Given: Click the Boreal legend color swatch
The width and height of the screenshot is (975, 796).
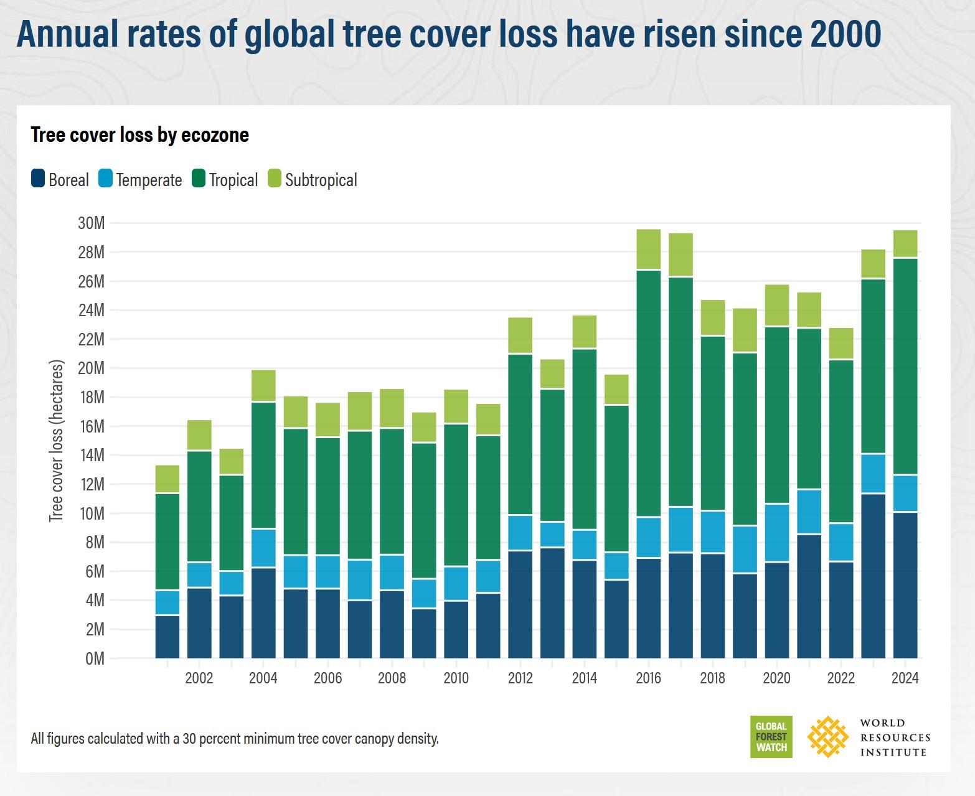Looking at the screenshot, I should tap(38, 179).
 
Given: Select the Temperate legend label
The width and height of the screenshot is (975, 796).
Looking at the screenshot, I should tap(149, 180).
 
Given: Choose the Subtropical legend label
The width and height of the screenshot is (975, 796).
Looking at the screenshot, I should tap(321, 180).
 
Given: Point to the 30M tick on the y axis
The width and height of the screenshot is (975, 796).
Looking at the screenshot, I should tap(91, 223).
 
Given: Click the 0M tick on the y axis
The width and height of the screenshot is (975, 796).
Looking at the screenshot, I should tap(95, 658).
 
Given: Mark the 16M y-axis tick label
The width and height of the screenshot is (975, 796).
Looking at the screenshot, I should tap(91, 426).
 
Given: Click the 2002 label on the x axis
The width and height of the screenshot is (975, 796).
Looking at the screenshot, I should tap(199, 678).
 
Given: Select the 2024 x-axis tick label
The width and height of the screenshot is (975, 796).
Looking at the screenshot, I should tap(905, 678).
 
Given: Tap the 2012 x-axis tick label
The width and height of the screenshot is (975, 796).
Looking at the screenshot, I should tap(520, 678).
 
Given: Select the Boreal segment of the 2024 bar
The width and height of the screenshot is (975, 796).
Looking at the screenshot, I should tap(905, 585).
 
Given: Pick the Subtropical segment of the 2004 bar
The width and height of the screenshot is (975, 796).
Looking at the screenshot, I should tap(263, 386).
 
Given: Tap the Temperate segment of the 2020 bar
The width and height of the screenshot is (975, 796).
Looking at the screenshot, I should tap(776, 533).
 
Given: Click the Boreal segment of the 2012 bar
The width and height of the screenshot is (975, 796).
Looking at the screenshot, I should tap(520, 604).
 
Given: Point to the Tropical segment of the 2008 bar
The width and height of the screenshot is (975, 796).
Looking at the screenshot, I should tap(392, 491).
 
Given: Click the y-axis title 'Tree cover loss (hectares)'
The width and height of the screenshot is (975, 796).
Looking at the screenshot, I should tap(57, 441).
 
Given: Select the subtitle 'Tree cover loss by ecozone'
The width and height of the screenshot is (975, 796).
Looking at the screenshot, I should tap(140, 135).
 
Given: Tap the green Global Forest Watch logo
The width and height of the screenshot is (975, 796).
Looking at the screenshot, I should tap(771, 737).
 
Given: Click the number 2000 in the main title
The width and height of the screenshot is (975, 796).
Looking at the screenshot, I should tap(845, 34).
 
